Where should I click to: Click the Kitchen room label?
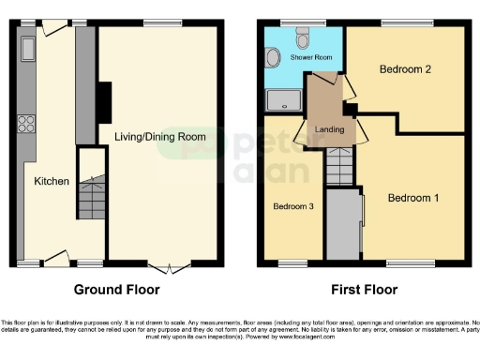pos(52,181)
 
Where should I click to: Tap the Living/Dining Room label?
pos(159,137)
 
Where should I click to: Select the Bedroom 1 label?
pos(413,198)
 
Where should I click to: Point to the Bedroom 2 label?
pos(405,69)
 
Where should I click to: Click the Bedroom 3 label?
pos(292,206)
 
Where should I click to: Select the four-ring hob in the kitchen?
pos(24,124)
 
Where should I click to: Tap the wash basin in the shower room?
pos(272,58)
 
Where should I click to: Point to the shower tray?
pos(281,99)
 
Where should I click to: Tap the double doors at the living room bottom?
pos(164,265)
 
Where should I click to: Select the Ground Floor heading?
pos(116,290)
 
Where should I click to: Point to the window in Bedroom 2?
pos(405,22)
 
